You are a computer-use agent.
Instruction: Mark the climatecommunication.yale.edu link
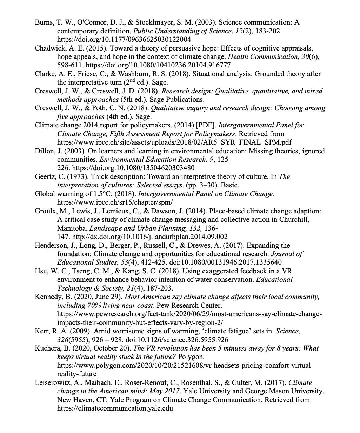click(x=115, y=408)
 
